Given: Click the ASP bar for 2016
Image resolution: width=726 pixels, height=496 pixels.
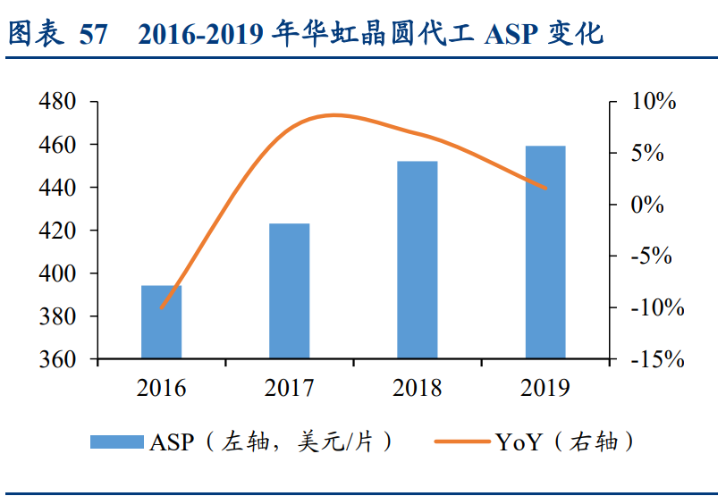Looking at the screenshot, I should click(162, 322).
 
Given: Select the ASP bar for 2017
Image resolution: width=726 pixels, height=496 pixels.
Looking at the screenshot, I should click(289, 291).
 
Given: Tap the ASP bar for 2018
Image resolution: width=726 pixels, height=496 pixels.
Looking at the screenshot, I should click(417, 260).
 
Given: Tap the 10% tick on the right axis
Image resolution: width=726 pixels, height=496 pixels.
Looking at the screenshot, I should click(655, 102).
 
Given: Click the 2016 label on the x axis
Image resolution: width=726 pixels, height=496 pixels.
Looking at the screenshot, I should click(162, 388).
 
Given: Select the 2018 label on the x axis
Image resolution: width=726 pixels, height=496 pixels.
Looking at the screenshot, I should click(417, 388).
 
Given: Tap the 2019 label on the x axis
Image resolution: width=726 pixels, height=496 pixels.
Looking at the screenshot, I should click(544, 388).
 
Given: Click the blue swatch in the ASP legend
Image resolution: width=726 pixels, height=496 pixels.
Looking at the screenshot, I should click(115, 441).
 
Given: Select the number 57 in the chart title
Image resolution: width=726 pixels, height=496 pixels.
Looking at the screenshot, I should click(93, 34).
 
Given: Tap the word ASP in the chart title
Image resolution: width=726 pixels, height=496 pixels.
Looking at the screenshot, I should click(508, 34).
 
